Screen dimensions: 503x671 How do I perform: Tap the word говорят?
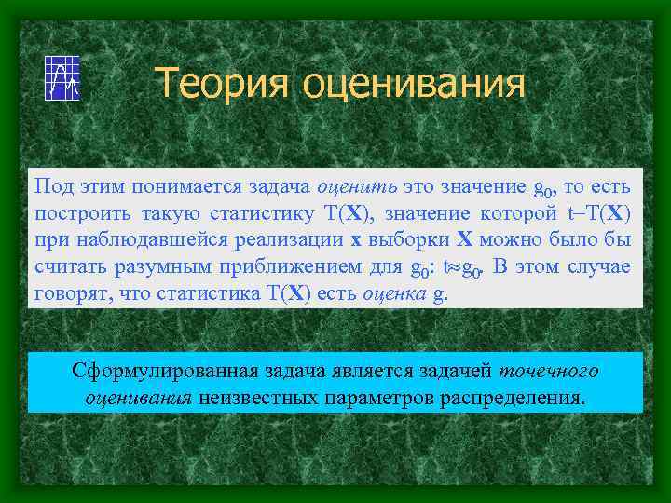(70, 293)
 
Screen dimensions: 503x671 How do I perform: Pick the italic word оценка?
(390, 293)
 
